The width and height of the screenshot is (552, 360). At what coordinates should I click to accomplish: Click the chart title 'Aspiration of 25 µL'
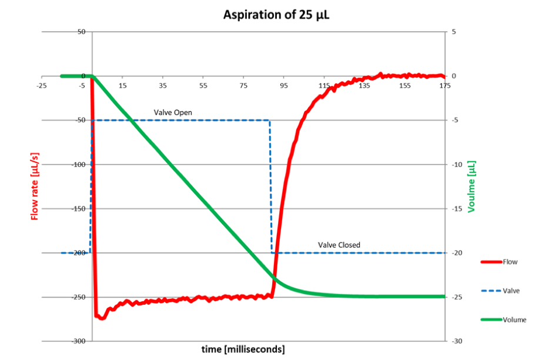tap(276, 14)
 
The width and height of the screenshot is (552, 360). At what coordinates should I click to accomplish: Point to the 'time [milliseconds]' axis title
tap(243, 349)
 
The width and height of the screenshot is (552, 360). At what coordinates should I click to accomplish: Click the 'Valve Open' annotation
tap(173, 112)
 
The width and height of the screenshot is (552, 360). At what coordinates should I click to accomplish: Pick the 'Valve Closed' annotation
tap(339, 245)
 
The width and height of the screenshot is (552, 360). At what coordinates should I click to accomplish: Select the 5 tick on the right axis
tap(453, 32)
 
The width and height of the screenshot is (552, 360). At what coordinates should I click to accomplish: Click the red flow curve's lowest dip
tap(102, 318)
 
